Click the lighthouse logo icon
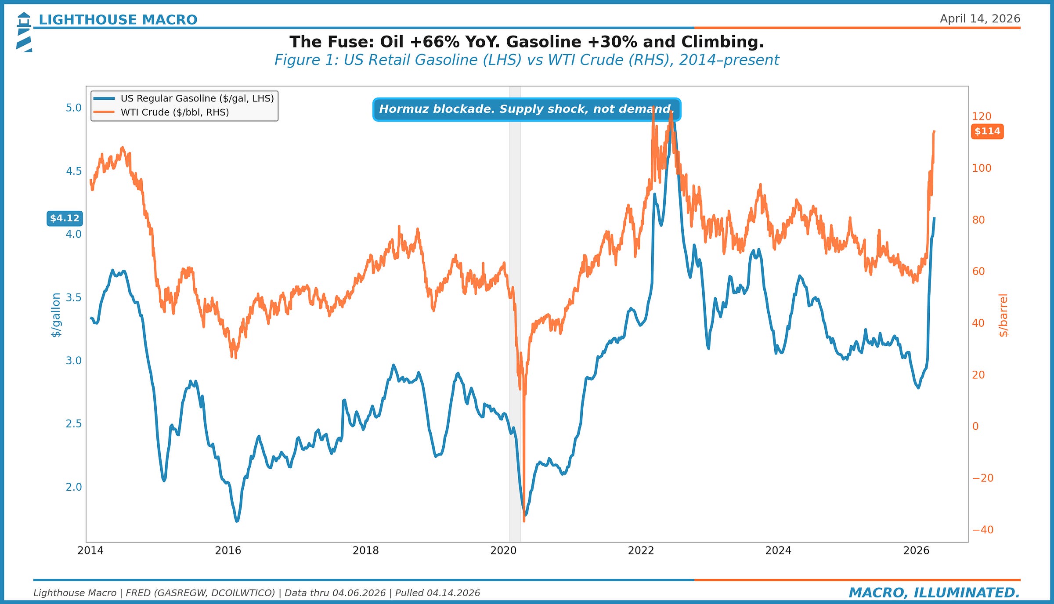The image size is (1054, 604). point(24,32)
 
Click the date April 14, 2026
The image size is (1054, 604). point(979,19)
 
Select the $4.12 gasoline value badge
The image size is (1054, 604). point(65,218)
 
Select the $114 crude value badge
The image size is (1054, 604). point(987,131)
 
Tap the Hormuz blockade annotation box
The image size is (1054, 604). point(526,109)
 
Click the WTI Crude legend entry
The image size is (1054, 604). point(174,112)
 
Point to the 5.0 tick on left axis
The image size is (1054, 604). point(73,108)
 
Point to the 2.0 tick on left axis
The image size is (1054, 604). point(73,487)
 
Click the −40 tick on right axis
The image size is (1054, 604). point(982,530)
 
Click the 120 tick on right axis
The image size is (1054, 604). point(981,116)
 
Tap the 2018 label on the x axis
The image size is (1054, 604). point(365,550)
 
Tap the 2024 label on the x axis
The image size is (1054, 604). point(778,550)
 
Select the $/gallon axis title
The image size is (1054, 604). point(56,315)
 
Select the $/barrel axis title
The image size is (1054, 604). point(1003,315)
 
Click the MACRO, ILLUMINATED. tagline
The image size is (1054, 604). point(934,593)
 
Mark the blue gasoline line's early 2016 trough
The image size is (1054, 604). point(237,521)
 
